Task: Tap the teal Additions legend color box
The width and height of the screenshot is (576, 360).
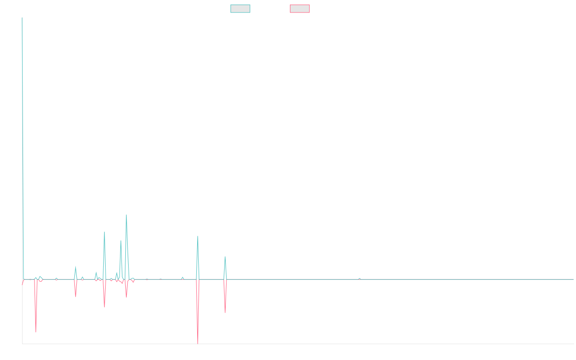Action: tap(240, 9)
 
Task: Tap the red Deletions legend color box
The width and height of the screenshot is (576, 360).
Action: tap(300, 9)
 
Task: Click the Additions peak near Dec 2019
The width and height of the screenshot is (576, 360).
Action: tap(126, 215)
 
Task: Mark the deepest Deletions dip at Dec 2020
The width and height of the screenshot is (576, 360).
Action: tap(198, 343)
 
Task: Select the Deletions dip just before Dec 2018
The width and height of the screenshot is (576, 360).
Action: tap(36, 332)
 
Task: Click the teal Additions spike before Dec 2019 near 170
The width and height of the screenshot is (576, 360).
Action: tap(104, 232)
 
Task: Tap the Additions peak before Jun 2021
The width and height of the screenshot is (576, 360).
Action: tap(225, 257)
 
